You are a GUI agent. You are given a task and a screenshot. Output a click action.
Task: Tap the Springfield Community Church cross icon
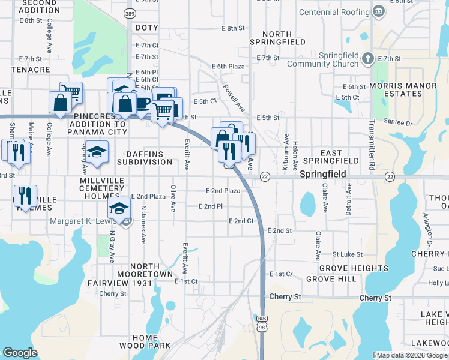click(368, 59)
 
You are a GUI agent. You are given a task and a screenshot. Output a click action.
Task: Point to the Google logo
click(20, 353)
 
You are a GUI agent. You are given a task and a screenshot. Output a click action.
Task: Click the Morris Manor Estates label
click(403, 90)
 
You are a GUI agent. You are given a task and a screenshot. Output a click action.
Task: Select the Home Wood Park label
click(145, 341)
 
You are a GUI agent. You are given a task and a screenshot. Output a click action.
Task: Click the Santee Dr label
click(402, 123)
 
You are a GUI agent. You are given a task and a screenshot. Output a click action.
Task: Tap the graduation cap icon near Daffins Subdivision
click(96, 152)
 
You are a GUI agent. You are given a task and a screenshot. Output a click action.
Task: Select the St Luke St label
click(345, 254)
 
